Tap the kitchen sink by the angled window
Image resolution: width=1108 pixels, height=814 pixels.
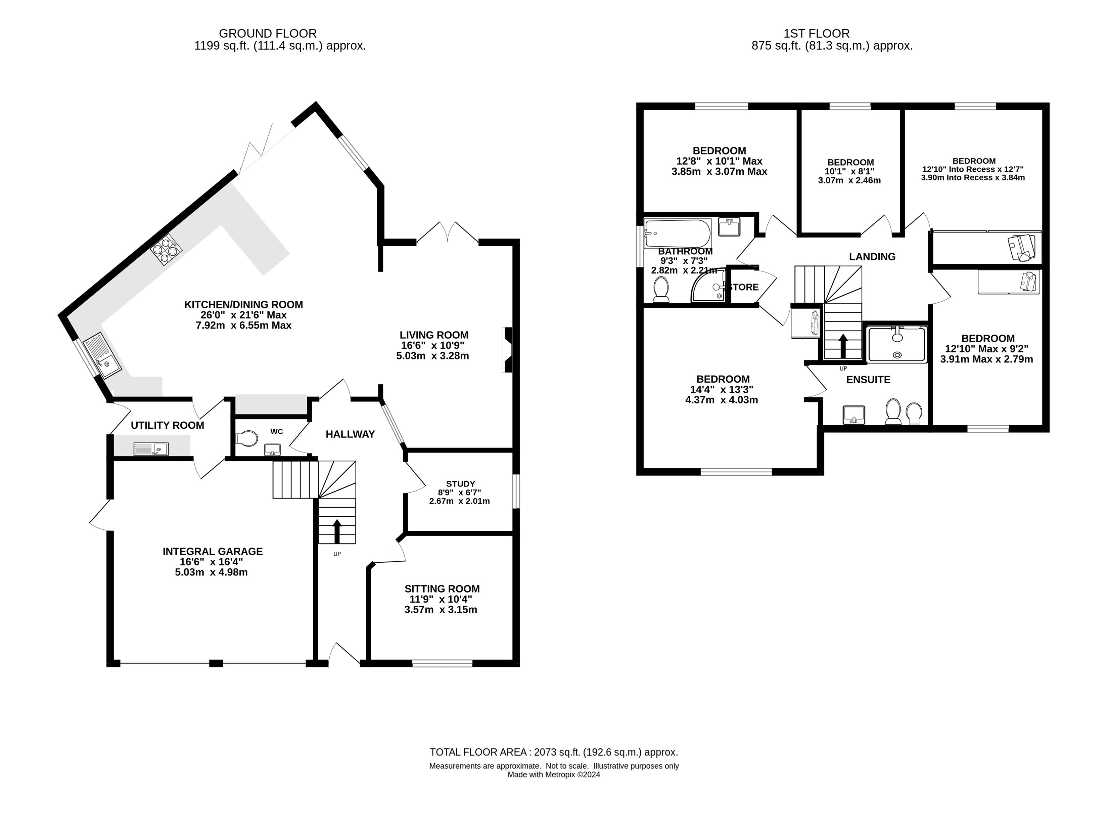[101, 355]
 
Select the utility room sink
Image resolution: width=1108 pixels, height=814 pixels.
[151, 449]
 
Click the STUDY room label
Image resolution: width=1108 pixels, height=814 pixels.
[460, 484]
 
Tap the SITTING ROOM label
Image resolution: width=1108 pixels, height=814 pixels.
[442, 589]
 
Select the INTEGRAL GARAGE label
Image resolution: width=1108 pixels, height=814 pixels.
[213, 551]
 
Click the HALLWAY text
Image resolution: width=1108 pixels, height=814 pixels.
[350, 434]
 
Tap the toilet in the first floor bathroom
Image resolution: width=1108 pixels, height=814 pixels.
[660, 289]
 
